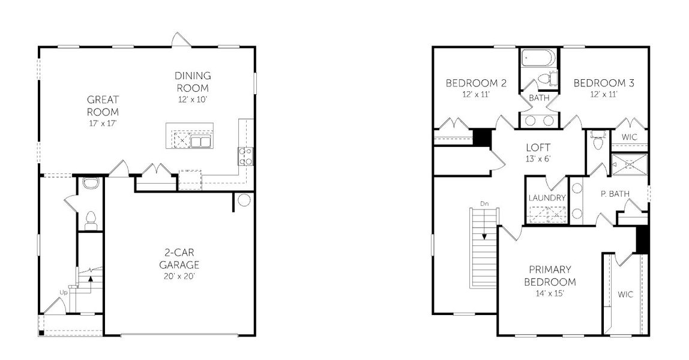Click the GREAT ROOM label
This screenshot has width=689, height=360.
(x=103, y=106)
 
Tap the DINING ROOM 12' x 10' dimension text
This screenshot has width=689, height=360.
(x=193, y=100)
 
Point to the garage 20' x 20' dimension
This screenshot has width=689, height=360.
(x=179, y=276)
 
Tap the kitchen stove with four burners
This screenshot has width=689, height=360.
(x=245, y=157)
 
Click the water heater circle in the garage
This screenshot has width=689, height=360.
(x=244, y=200)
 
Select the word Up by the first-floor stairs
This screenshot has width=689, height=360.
(x=64, y=292)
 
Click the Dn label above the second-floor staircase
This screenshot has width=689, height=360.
(x=484, y=204)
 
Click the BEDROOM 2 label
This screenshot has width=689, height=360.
(x=475, y=83)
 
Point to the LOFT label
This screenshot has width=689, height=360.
(x=538, y=147)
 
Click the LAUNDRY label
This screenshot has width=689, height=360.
(x=547, y=197)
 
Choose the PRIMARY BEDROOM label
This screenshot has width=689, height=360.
(x=550, y=276)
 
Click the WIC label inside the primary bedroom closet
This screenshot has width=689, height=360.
(x=625, y=295)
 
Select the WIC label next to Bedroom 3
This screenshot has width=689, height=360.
(x=629, y=137)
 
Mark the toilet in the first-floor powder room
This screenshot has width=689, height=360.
(x=91, y=221)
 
